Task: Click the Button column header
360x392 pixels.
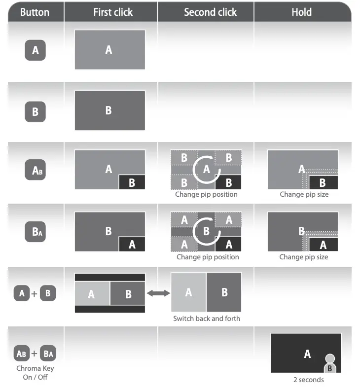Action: point(35,12)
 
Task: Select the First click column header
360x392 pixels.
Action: point(113,12)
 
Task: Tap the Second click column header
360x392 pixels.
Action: point(210,12)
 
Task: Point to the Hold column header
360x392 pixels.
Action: point(301,12)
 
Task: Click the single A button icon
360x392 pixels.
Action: point(35,50)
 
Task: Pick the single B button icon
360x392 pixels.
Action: point(35,111)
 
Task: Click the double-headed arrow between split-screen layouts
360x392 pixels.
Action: point(158,293)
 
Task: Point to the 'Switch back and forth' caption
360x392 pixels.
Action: point(207,319)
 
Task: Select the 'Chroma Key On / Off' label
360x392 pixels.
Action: point(35,373)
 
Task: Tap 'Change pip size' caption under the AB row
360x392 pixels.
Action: point(304,194)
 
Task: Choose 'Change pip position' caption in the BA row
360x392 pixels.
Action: point(208,257)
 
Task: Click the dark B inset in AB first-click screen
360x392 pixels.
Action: point(132,182)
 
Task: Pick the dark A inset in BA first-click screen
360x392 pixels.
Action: point(132,244)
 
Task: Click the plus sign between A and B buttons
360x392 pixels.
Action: point(34,294)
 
